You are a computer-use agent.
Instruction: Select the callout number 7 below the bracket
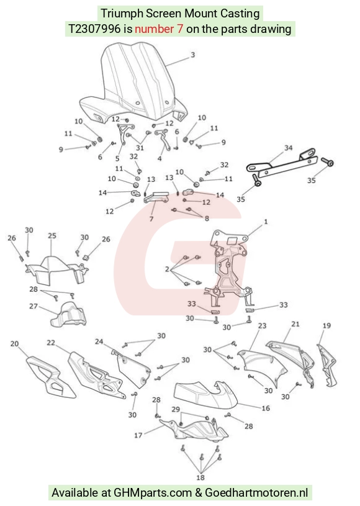point(151,219)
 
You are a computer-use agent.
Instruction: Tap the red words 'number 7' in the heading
point(159,29)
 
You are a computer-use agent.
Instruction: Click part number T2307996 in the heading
point(94,29)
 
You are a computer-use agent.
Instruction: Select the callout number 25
point(52,235)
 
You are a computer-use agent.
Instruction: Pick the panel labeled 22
point(97,376)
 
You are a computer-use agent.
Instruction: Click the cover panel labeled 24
point(132,368)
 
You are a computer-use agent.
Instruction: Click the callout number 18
point(200,477)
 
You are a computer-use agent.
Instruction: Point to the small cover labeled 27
point(68,315)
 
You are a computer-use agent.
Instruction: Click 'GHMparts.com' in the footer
point(153,493)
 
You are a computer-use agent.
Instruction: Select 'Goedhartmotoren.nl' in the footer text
point(256,493)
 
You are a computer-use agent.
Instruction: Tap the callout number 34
point(288,148)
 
